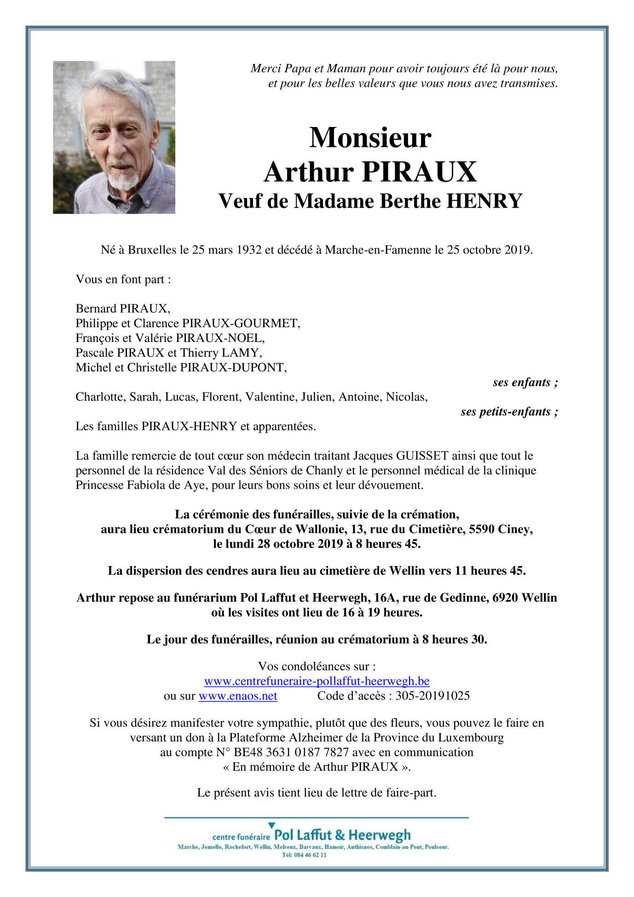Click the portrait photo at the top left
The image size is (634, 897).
114,137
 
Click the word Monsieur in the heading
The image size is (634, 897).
370,138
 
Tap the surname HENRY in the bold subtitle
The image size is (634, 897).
484,201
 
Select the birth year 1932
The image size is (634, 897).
249,250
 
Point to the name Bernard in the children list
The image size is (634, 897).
96,308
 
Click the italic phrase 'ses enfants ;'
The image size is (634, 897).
525,382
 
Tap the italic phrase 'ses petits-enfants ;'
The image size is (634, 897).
509,411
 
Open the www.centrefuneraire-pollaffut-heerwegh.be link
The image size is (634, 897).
317,681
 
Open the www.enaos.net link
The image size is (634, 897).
238,696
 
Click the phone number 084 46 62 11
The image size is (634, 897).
309,855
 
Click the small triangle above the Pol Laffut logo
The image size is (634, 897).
271,826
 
